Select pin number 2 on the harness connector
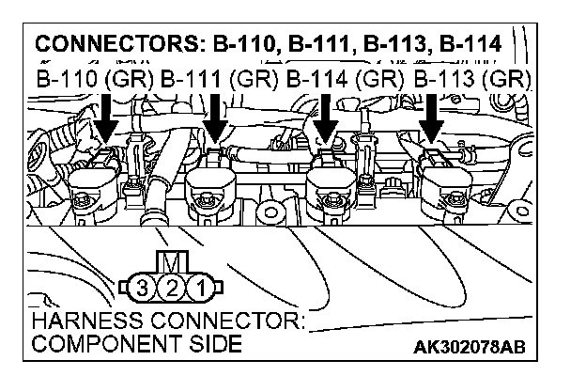[x=170, y=286]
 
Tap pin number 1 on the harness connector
[x=197, y=286]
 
